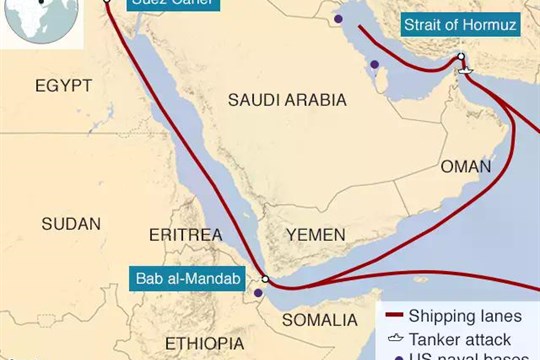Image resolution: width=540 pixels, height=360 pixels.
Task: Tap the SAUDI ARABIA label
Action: tap(287, 100)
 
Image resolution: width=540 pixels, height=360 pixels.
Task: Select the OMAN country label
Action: tap(466, 166)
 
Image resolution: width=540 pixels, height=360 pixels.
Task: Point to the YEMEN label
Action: tap(315, 233)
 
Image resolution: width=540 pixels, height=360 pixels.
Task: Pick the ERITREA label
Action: tap(184, 234)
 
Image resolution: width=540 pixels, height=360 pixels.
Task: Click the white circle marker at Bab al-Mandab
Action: tap(265, 280)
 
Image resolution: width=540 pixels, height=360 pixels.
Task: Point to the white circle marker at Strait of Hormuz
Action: tap(461, 57)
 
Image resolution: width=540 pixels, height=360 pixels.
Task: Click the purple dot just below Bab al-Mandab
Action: tap(258, 294)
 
